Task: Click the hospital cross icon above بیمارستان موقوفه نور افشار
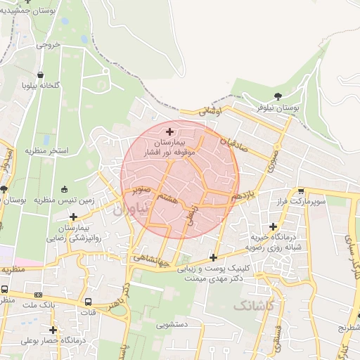pos(169,131)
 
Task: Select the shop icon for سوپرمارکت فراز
pos(301,191)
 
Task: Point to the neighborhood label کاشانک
pos(253,307)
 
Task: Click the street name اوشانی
pos(210,111)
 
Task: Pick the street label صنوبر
pos(138,189)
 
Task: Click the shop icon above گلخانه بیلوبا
pos(41,75)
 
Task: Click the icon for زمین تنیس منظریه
pos(65,189)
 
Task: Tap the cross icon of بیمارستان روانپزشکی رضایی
pos(73,217)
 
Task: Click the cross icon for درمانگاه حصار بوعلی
pos(53,330)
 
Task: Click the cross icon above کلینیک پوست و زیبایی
pos(214,257)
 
